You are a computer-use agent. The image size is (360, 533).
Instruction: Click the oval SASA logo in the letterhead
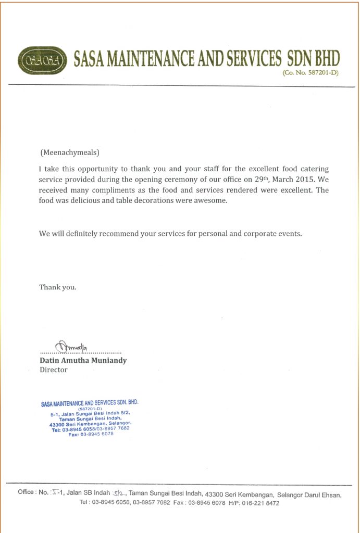(42, 61)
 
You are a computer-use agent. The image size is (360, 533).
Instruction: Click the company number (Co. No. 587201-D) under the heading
(311, 73)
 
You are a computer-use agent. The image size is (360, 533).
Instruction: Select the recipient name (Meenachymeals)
(69, 153)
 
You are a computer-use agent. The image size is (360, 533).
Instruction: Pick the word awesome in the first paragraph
(209, 201)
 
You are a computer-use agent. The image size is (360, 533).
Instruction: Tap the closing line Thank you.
(57, 287)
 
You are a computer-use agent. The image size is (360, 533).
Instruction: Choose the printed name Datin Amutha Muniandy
(83, 360)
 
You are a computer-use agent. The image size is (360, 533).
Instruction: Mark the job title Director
(54, 370)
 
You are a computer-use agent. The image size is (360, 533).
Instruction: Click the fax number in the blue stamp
(96, 434)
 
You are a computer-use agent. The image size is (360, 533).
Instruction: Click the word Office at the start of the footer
(26, 492)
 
